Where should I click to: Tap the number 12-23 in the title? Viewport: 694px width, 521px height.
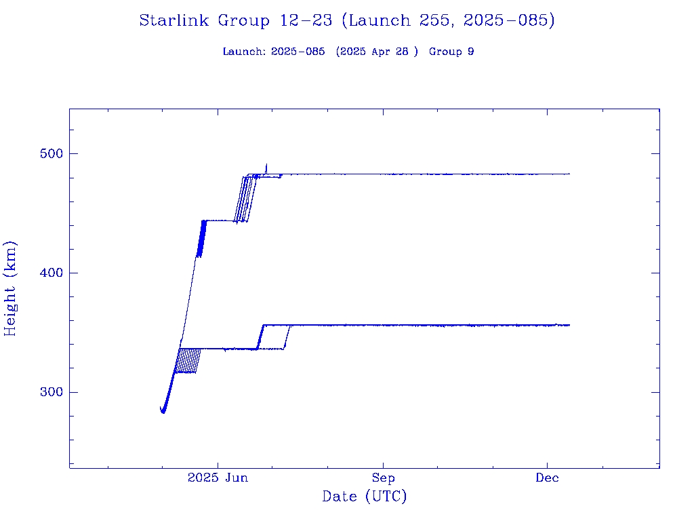coord(305,21)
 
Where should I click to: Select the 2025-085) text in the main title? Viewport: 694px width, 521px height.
coord(509,21)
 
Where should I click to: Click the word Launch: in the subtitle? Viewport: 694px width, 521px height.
coord(244,52)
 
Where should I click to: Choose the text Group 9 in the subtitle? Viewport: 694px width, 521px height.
coord(451,52)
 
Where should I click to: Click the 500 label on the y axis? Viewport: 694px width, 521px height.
coord(47,153)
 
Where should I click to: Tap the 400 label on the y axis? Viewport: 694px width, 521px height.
coord(47,273)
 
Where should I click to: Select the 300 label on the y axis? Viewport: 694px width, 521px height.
coord(47,392)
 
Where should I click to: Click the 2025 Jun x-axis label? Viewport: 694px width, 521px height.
coord(218,478)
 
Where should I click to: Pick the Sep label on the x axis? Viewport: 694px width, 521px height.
coord(383,478)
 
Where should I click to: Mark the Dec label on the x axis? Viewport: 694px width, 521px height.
coord(547,478)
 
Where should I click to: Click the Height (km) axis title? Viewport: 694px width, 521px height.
coord(11,288)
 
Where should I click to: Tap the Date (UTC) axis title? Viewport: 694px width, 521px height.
coord(364,497)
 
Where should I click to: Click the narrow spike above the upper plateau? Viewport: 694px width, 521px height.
coord(266,166)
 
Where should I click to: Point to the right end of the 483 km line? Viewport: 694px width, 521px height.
coord(569,174)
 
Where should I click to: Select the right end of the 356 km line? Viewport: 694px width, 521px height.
coord(569,325)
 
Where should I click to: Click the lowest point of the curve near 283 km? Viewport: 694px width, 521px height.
coord(163,412)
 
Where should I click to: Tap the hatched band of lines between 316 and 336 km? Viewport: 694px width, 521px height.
coord(187,361)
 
